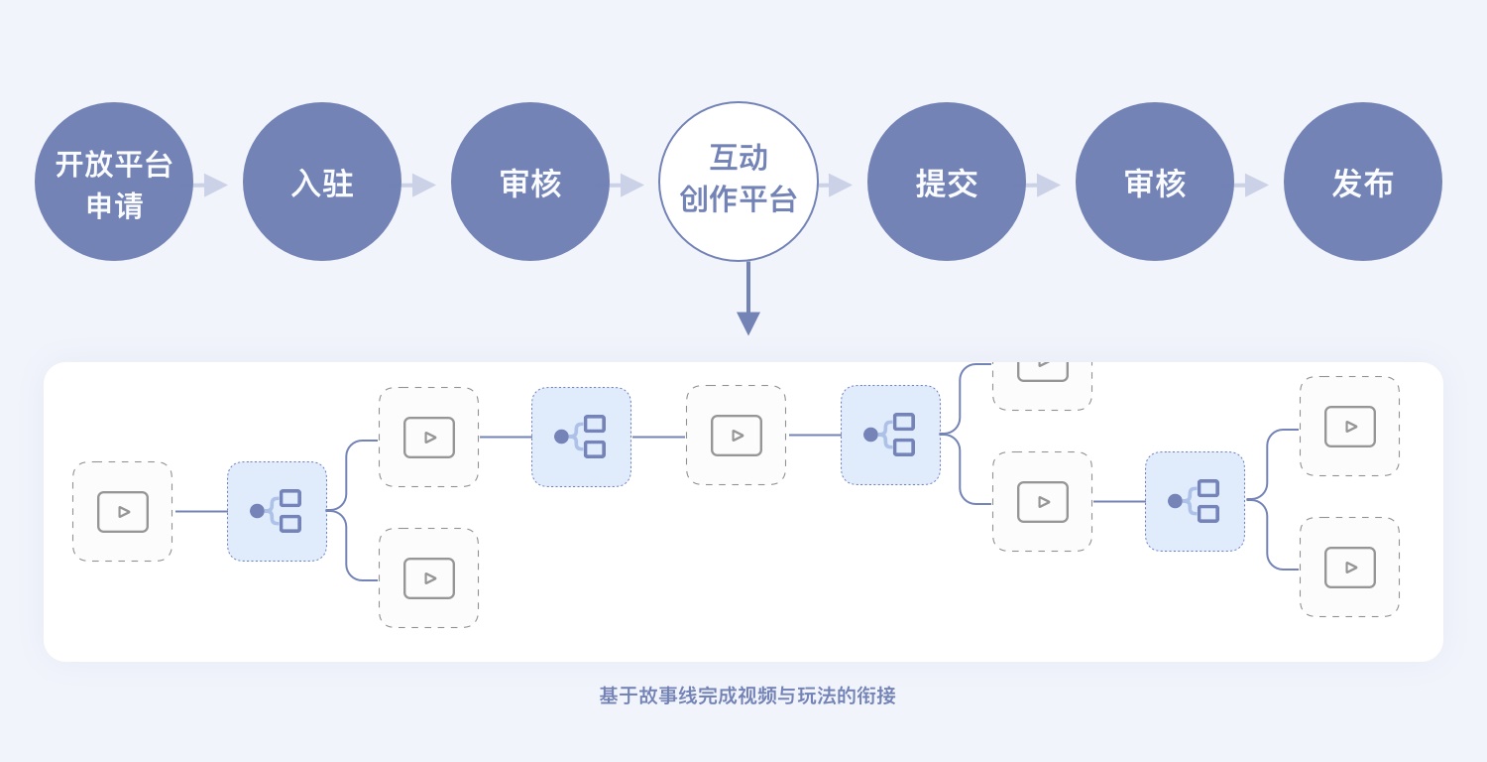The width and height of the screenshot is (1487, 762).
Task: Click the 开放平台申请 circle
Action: (114, 183)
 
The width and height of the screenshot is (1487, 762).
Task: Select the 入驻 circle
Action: (322, 183)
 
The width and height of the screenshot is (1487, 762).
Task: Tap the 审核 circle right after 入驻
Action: (530, 183)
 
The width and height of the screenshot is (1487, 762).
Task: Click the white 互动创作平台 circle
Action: (739, 183)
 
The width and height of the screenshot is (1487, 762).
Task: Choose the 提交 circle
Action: (947, 183)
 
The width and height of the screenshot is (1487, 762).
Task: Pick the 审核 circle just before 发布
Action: (1155, 183)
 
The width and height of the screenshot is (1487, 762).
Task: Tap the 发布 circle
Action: (1363, 183)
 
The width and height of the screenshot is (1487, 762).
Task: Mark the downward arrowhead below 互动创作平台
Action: (748, 322)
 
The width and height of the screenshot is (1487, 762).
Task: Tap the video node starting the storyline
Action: (123, 512)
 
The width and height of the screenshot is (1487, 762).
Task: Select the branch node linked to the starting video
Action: (277, 511)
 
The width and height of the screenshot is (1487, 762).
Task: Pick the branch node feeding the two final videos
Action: (1195, 501)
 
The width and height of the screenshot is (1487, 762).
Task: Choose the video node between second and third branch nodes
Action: (736, 436)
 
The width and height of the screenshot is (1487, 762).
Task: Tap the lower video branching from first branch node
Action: (428, 577)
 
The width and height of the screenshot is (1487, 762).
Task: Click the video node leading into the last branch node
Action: (1042, 501)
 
